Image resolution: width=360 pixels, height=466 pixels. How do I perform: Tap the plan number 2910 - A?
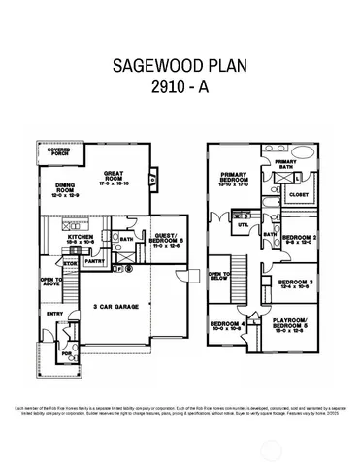180,88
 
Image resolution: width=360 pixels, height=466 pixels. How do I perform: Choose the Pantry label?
95,260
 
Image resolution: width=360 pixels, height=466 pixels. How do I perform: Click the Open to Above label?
50,282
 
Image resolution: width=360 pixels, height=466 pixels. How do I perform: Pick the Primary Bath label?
286,165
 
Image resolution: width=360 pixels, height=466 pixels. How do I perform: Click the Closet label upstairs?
299,193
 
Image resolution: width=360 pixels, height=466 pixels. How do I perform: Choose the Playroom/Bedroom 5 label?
290,324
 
